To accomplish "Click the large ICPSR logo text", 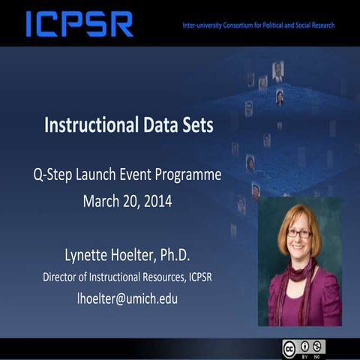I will (79, 24).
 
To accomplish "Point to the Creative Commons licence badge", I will (303, 347).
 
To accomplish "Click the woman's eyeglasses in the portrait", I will (298, 234).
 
